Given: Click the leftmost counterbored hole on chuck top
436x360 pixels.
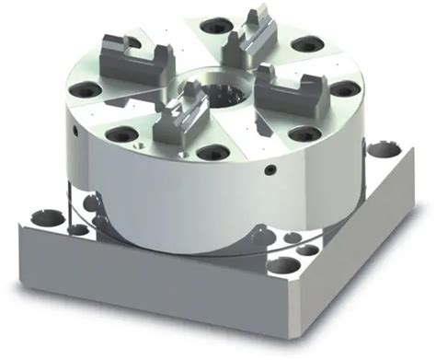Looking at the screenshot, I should click(86, 90).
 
